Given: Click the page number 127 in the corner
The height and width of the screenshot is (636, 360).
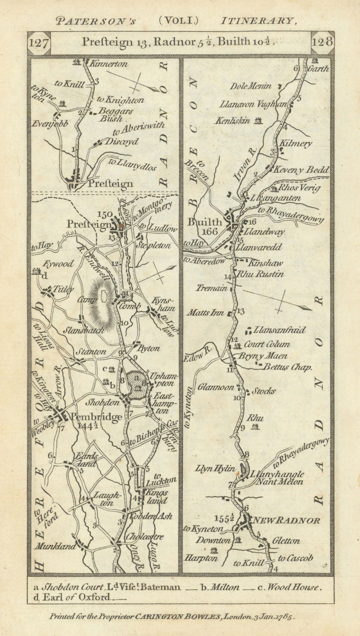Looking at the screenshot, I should click(39, 43).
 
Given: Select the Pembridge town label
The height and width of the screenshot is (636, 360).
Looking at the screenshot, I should click(96, 417).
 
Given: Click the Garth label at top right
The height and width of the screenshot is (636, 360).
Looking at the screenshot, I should click(319, 68).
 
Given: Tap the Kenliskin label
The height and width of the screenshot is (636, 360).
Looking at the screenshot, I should click(233, 120).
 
